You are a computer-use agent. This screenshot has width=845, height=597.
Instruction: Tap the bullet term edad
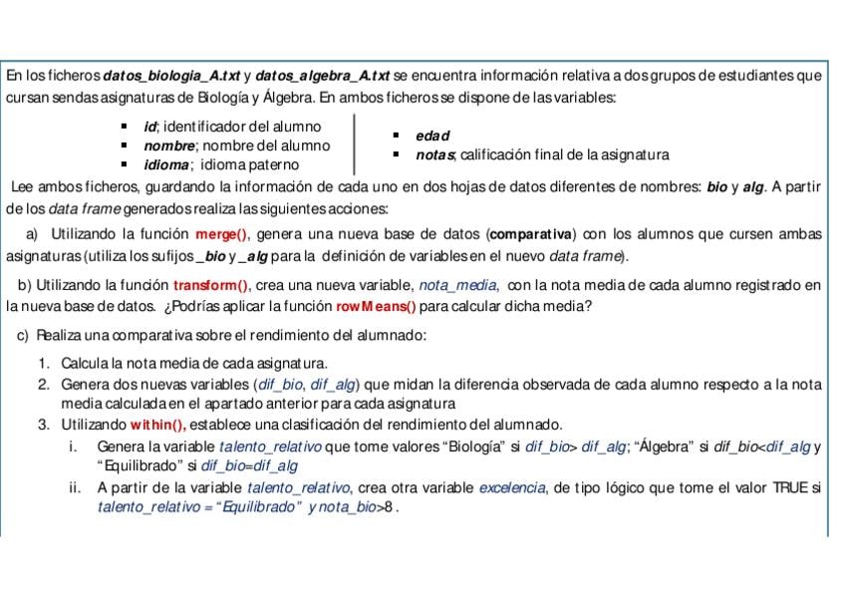(432, 136)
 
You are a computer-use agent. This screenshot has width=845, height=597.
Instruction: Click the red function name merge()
(220, 235)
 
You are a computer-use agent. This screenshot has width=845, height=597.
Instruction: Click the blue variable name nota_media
(459, 286)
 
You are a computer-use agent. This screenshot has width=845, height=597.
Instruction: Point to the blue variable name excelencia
(511, 487)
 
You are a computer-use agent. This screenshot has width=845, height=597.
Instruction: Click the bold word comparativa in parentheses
(529, 235)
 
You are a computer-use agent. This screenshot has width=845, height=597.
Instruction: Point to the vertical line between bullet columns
(356, 145)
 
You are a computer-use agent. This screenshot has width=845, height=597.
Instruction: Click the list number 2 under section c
(44, 384)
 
